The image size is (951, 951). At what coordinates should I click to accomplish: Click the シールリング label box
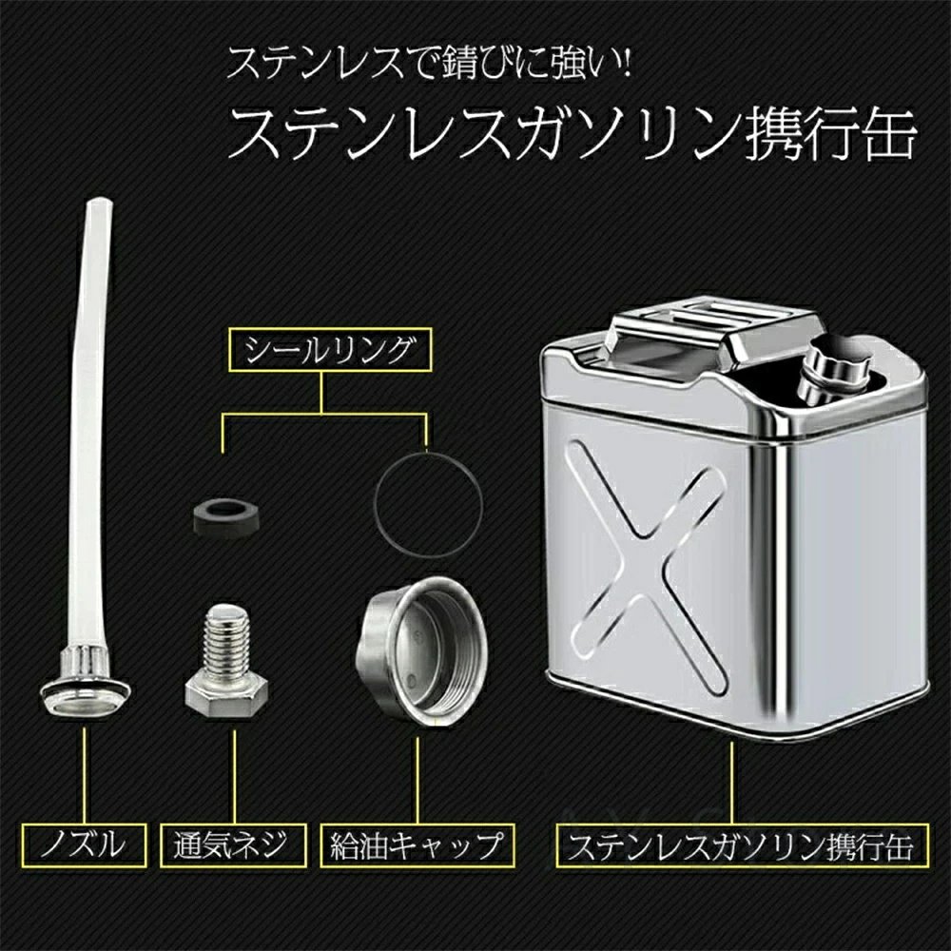pos(330,350)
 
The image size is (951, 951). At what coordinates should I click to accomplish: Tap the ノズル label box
pos(85,844)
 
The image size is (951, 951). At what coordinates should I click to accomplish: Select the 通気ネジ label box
pos(233,844)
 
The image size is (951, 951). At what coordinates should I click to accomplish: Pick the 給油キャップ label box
pos(417,844)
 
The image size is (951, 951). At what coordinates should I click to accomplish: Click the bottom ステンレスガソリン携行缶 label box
pos(743,844)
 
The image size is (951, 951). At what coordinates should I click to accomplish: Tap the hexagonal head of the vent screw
pos(226,697)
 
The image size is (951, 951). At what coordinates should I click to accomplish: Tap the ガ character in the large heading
pos(544,134)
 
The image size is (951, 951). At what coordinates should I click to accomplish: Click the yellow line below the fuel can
pos(732,783)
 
